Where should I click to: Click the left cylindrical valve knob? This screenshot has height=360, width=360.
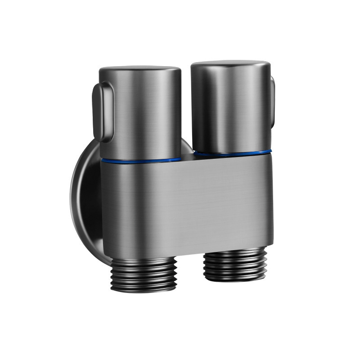[140, 112]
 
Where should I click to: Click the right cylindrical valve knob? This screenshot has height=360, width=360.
[230, 108]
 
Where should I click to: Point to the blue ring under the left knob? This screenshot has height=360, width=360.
[140, 160]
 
